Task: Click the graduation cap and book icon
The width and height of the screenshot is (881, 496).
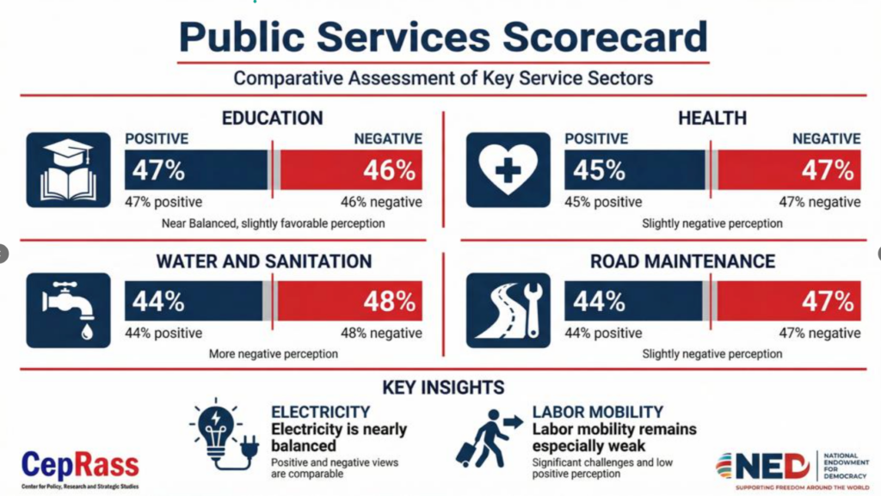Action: point(68,169)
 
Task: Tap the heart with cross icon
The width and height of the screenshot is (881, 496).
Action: point(508,169)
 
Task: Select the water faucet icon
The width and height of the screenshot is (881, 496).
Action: point(68,309)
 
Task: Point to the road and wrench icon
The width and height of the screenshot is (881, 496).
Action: point(508,309)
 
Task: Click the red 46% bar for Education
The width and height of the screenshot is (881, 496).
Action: point(351,169)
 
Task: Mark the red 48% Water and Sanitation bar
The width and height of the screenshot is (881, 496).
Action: point(350,302)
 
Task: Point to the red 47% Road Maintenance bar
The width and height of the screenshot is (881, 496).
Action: point(789,302)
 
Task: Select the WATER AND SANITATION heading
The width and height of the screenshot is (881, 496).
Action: point(264,261)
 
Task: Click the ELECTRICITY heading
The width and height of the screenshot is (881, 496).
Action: point(320,412)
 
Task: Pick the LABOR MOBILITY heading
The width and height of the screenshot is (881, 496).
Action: point(598,412)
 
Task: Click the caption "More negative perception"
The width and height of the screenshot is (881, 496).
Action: point(273,353)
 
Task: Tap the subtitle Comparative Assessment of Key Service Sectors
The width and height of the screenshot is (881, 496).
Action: point(443,78)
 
